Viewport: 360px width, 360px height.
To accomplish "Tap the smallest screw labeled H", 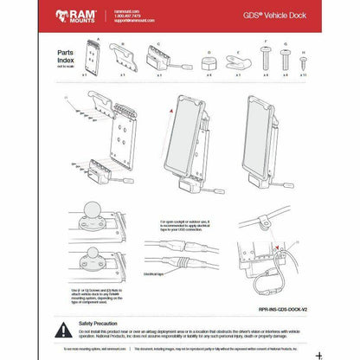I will [303, 62].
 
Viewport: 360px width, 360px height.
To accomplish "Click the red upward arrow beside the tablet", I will [173, 112].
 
